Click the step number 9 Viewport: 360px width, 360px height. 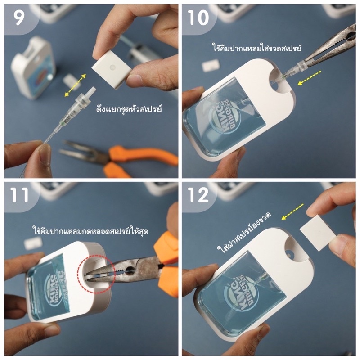(x=19, y=18)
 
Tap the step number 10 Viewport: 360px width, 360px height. (x=198, y=18)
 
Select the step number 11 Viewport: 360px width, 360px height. (x=19, y=195)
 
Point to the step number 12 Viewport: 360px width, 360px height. (x=198, y=195)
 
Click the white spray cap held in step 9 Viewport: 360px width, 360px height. (x=112, y=70)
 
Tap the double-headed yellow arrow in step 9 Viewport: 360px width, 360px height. (x=75, y=85)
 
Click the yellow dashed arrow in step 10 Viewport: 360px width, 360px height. (x=309, y=78)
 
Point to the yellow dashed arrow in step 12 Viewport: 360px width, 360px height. (x=292, y=211)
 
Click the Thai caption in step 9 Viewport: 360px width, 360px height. (x=129, y=108)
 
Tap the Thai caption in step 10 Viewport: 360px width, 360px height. (x=256, y=48)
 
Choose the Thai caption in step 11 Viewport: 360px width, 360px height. (x=90, y=230)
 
